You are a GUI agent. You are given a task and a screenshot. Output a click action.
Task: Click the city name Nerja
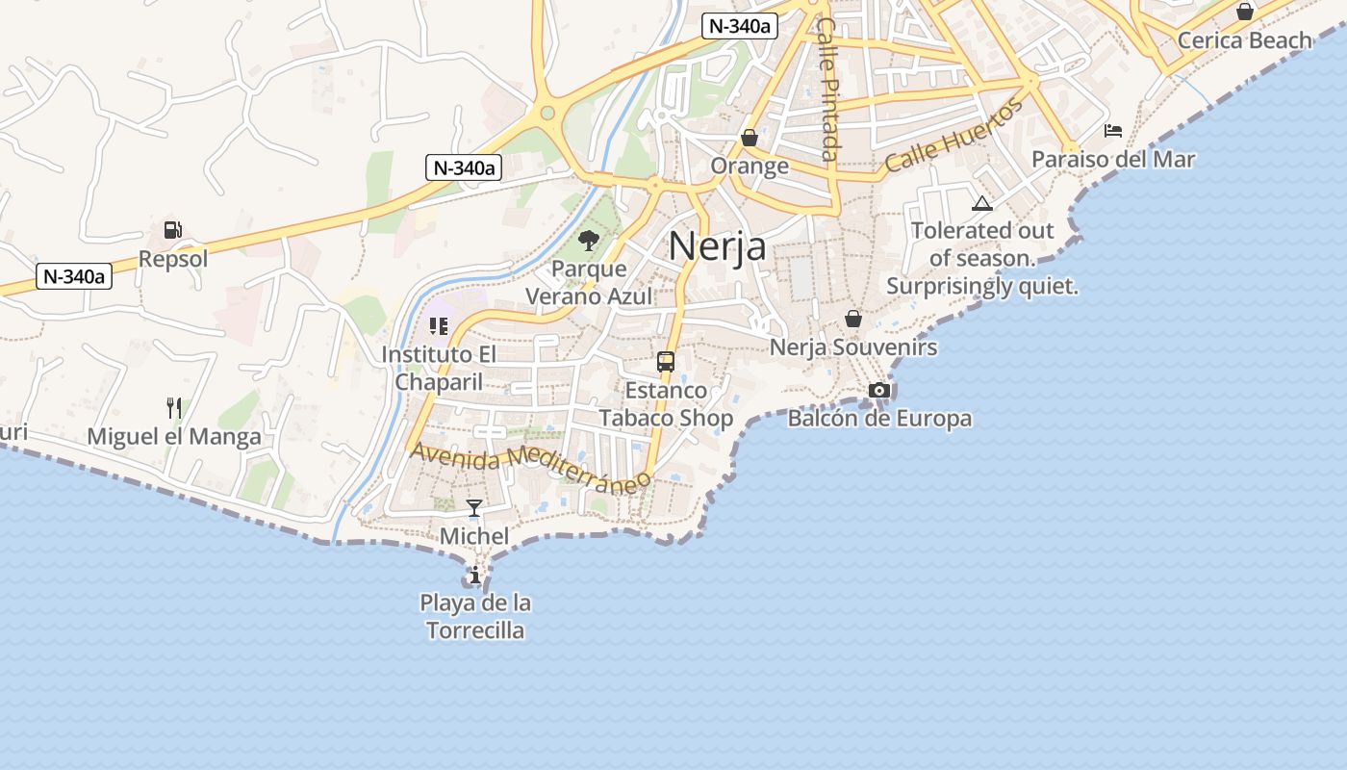click(x=717, y=246)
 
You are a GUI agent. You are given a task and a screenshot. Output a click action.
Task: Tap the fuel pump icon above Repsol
click(x=173, y=230)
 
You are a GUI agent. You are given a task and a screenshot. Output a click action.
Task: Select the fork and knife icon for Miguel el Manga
click(x=174, y=408)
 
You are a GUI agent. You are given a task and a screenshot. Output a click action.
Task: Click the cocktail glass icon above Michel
click(x=474, y=507)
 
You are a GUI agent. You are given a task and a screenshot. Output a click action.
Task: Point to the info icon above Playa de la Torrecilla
click(x=474, y=576)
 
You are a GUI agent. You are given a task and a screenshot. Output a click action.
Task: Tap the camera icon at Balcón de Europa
click(x=878, y=390)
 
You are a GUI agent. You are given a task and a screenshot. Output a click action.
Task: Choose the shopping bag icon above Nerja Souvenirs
click(x=852, y=319)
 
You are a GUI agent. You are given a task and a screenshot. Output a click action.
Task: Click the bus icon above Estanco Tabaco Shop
click(x=666, y=362)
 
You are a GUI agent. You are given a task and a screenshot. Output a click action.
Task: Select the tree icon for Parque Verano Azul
click(x=589, y=240)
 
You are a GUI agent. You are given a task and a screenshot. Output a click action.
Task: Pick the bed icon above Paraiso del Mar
click(x=1113, y=131)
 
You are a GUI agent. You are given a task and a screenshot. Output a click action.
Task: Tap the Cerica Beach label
click(x=1244, y=40)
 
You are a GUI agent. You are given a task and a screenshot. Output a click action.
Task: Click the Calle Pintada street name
click(x=827, y=89)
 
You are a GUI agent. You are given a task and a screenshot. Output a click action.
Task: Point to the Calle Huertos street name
click(x=953, y=136)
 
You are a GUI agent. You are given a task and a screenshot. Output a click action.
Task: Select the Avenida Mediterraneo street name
click(x=525, y=467)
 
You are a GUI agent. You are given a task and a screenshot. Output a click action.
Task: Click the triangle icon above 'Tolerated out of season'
click(x=981, y=203)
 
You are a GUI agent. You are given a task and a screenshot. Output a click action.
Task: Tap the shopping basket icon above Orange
click(x=750, y=139)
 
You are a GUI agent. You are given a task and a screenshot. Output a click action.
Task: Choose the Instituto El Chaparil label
click(x=439, y=368)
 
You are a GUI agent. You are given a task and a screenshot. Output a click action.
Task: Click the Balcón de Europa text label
click(x=879, y=419)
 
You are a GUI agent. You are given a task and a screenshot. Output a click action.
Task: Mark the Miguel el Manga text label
click(x=174, y=437)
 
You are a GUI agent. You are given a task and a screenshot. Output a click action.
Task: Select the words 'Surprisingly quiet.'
click(x=982, y=286)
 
